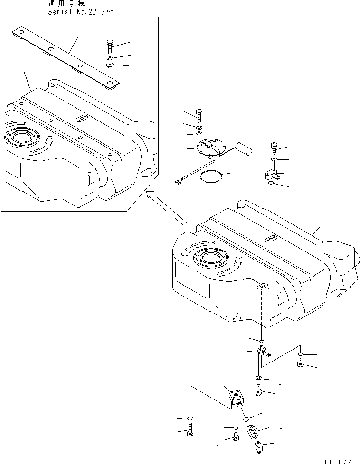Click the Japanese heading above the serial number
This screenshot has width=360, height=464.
pos(66,3)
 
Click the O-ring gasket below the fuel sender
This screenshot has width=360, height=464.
pos(210,177)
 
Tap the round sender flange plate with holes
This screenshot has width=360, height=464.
pos(209,148)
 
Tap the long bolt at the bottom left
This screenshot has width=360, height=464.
pos(190,432)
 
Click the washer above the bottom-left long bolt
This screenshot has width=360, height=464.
pos(190,418)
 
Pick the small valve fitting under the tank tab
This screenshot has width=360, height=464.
pos(262,352)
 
